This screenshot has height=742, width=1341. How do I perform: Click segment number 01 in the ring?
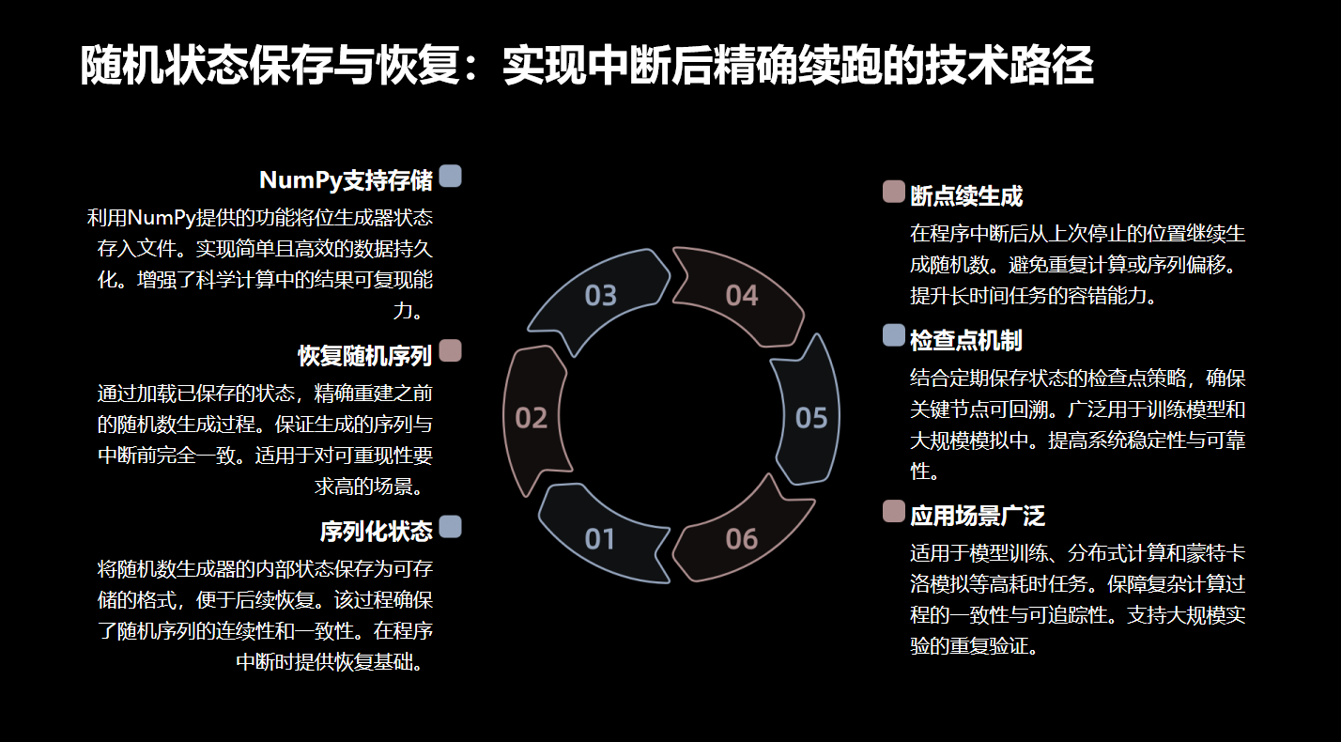[600, 538]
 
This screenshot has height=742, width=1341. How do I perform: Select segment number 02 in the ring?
[532, 418]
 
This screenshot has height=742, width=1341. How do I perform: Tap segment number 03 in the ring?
[601, 296]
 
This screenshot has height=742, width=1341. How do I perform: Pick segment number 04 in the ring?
[741, 296]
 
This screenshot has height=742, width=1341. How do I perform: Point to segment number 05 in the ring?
[810, 418]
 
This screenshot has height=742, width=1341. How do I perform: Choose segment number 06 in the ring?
[741, 538]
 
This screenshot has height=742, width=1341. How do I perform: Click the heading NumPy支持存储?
[346, 180]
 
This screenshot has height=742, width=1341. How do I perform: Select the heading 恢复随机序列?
[365, 356]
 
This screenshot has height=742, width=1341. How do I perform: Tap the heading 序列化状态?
[377, 532]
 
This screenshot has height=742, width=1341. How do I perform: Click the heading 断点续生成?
[966, 196]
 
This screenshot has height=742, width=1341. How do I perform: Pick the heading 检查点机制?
[966, 339]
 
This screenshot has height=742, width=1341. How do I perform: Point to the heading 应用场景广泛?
[978, 515]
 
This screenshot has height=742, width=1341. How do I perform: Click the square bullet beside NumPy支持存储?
[451, 176]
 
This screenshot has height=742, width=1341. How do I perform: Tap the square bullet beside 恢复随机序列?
[451, 351]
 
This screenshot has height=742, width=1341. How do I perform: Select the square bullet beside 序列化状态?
[451, 527]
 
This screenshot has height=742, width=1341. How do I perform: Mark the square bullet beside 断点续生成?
[894, 193]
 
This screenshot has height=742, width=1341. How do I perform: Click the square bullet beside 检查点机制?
[894, 335]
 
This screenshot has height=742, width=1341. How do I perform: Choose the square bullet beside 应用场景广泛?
[894, 511]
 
